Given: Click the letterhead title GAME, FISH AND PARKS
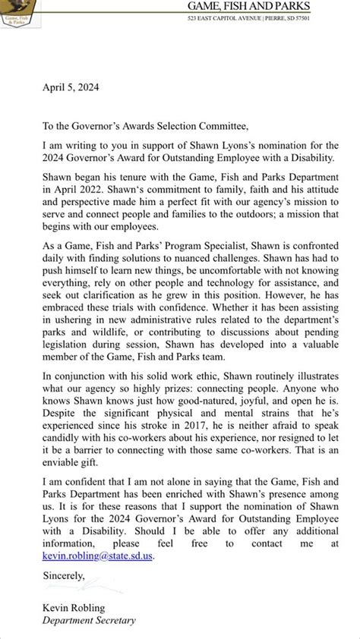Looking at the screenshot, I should (x=276, y=6).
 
